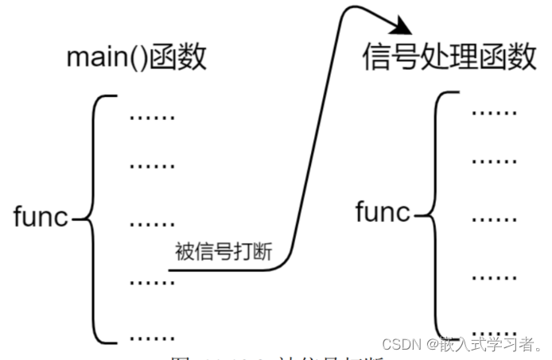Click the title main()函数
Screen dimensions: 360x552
pyautogui.click(x=137, y=59)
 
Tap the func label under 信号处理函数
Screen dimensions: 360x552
pyautogui.click(x=383, y=212)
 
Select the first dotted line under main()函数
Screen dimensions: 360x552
pyautogui.click(x=151, y=118)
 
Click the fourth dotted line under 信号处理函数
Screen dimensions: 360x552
pyautogui.click(x=494, y=276)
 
